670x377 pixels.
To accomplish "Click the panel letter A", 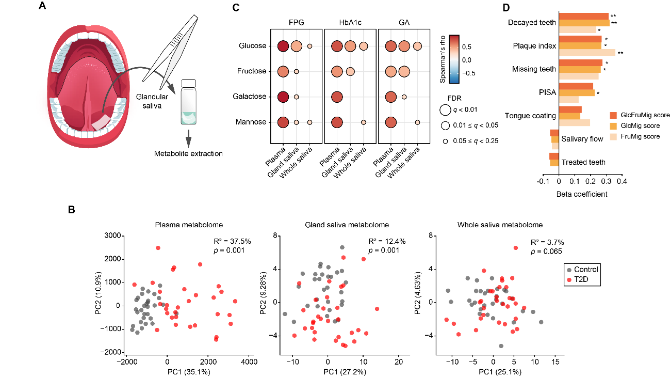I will [43, 7].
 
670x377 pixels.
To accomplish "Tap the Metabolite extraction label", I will [188, 154].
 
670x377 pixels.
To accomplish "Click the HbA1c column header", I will [350, 24].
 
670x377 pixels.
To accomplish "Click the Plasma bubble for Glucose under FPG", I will [282, 46].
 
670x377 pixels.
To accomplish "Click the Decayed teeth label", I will [532, 23].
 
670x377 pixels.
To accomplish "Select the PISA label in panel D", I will [547, 92].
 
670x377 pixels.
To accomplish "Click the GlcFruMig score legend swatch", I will [613, 115].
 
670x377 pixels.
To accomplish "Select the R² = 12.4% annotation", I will [384, 241].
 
